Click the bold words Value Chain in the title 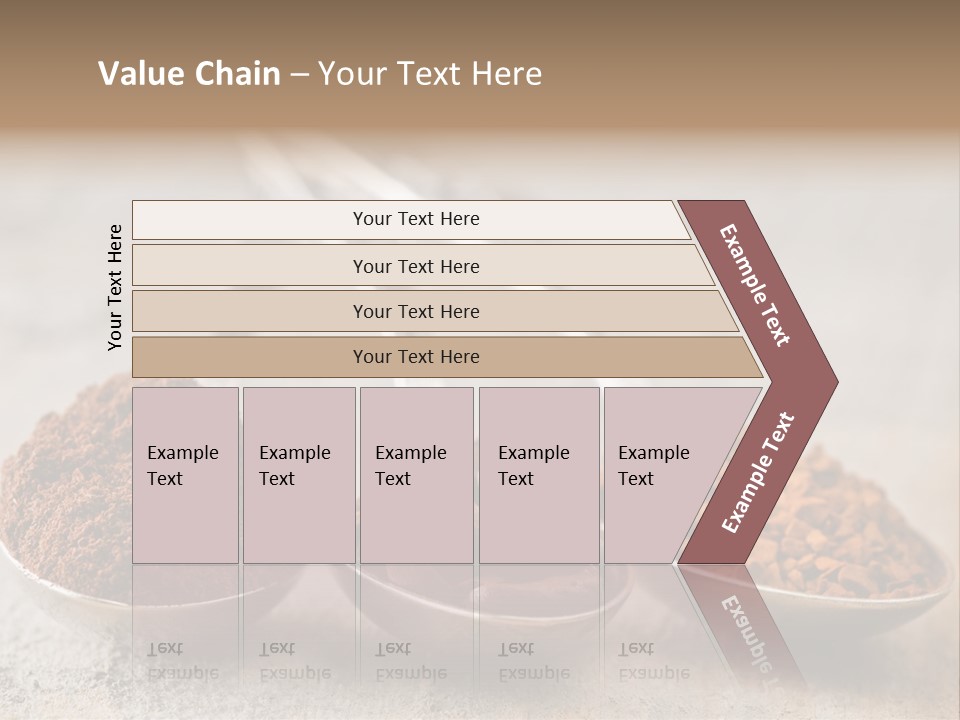[189, 74]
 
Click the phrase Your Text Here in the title [430, 74]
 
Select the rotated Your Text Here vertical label [115, 287]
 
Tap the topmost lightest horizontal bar [415, 219]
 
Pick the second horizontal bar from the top [415, 266]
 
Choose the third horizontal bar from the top [415, 311]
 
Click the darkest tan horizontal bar [415, 357]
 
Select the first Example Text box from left [185, 475]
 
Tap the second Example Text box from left [298, 475]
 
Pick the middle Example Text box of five [416, 475]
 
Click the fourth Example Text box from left [538, 475]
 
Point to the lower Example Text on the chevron [758, 473]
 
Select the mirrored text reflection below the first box [183, 661]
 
